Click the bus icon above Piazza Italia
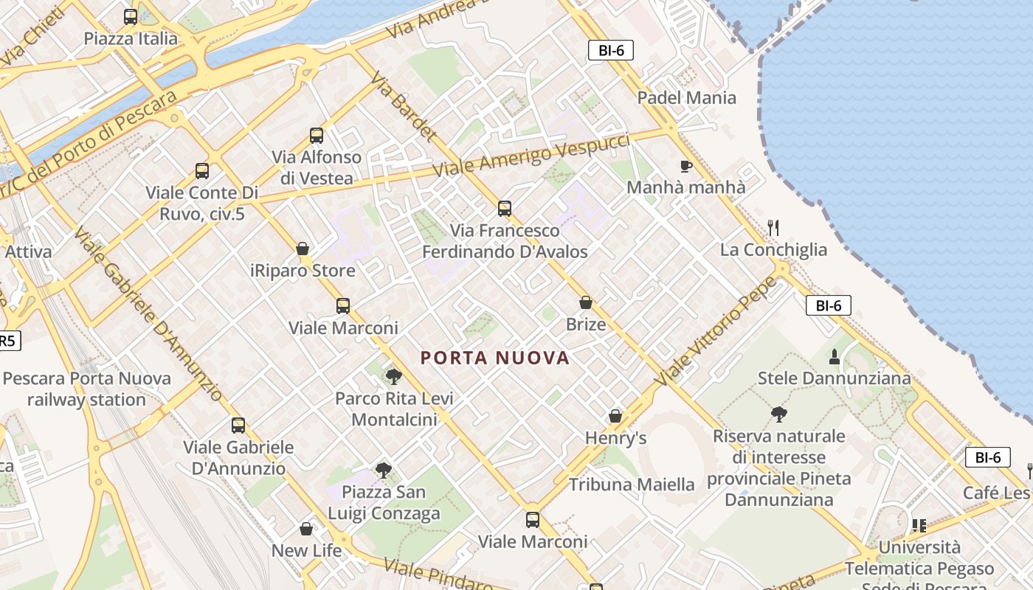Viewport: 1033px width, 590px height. point(131,17)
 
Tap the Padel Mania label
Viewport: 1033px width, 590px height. point(686,97)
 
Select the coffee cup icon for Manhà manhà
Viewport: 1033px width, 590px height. point(685,166)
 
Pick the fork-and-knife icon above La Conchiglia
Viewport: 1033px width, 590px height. point(773,228)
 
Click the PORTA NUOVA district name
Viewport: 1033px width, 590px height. point(495,358)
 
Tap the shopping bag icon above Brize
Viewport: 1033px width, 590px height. point(586,302)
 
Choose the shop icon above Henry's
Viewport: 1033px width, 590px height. point(615,417)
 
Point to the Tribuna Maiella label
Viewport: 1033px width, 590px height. point(632,485)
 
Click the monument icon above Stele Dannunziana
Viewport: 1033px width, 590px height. point(835,357)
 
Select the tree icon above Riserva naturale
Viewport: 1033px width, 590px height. point(778,414)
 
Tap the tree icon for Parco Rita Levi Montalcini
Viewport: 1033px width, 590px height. point(394,377)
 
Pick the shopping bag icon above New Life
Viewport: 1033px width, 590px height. point(306,529)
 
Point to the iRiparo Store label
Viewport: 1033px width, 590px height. point(303,271)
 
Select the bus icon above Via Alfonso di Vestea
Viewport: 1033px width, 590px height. point(317,136)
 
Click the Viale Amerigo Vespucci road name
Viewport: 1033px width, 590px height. point(531,155)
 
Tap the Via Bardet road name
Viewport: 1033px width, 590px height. point(403,107)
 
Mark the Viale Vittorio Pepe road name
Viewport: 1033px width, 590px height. point(716,332)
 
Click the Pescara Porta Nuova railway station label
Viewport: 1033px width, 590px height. point(87,389)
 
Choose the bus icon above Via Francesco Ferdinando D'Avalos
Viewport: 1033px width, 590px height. point(505,209)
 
